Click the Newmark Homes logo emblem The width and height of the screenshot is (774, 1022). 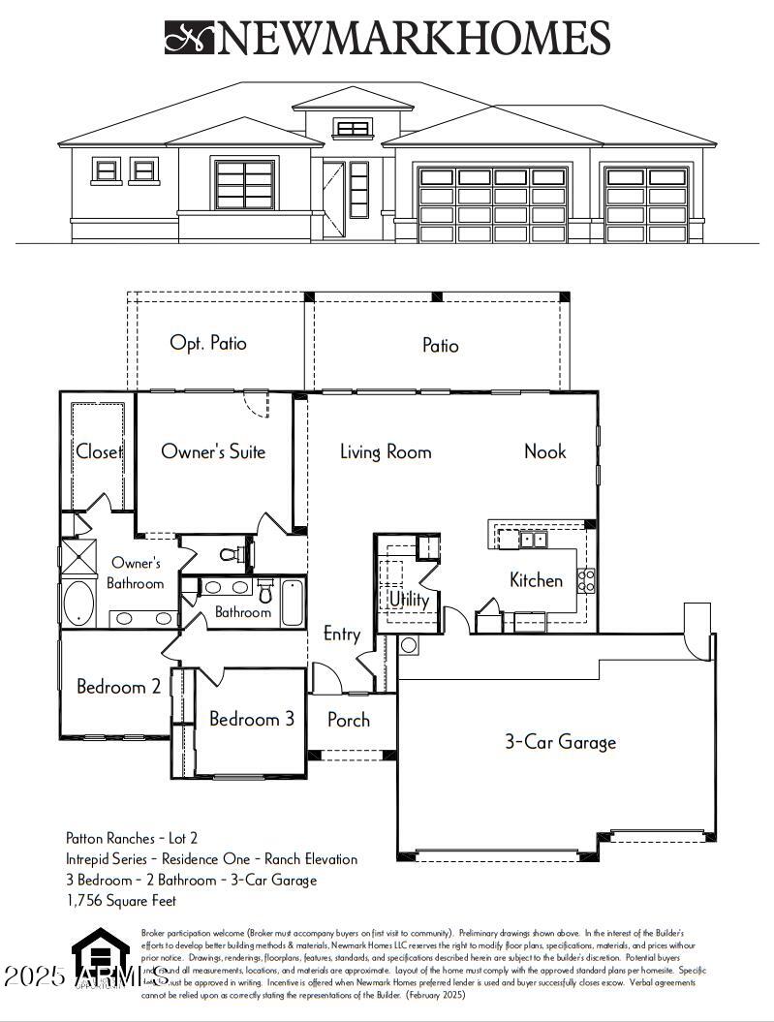coord(190,38)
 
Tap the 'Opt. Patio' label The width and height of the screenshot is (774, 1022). coord(208,343)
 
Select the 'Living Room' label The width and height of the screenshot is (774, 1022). coord(386,451)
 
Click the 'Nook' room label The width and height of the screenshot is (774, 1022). coord(544,451)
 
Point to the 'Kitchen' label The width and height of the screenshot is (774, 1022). coord(536,580)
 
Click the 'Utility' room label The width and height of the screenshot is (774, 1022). coord(409,600)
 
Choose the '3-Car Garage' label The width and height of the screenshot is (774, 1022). coord(560,742)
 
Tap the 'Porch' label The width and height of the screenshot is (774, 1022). coord(348,720)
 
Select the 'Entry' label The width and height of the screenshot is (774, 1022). coord(341,635)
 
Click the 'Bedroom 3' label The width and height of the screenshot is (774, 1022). coord(252,719)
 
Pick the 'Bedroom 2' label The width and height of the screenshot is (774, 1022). coord(118,687)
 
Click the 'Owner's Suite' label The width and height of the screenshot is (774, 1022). coord(213,451)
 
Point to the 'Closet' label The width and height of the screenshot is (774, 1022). coord(99,451)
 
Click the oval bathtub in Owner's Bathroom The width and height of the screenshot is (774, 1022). coord(78,603)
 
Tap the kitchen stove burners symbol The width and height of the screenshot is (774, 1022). coord(586,580)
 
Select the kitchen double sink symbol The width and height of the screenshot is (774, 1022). coord(533,540)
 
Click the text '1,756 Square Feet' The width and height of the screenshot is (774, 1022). coord(121,900)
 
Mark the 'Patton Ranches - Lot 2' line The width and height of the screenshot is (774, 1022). coord(132,838)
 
